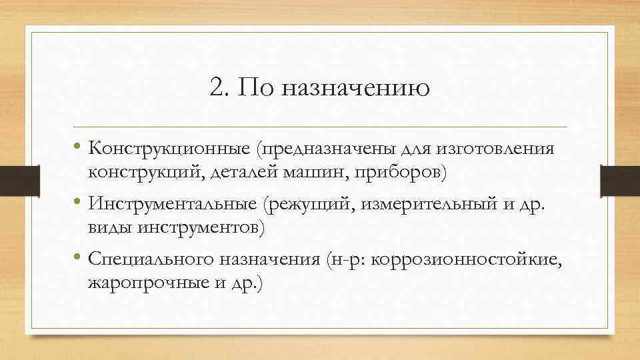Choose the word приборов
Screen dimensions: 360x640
pyautogui.click(x=399, y=173)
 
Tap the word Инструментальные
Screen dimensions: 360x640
pyautogui.click(x=171, y=203)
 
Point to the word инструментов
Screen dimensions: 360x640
pyautogui.click(x=201, y=228)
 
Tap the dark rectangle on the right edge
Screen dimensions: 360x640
pyautogui.click(x=619, y=181)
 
